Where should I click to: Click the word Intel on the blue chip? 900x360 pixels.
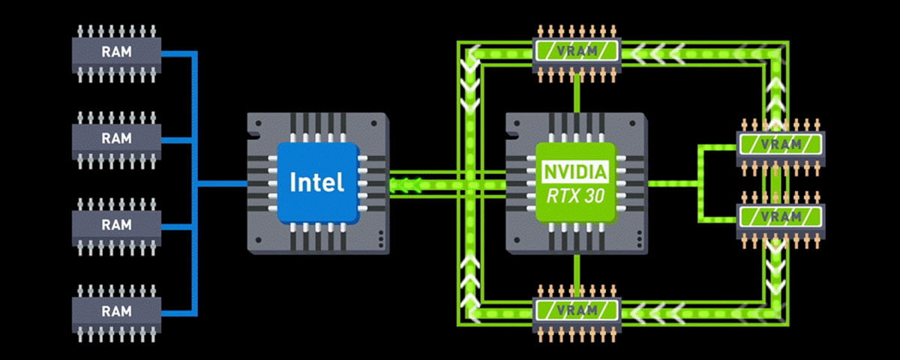pos(317,181)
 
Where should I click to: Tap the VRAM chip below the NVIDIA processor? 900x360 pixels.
pos(577,310)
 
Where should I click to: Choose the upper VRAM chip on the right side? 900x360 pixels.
pos(781,143)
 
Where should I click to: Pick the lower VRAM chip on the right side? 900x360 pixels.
pos(781,216)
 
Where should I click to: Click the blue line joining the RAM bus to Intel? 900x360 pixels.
pos(222,182)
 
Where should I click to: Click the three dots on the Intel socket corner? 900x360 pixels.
pos(381,238)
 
